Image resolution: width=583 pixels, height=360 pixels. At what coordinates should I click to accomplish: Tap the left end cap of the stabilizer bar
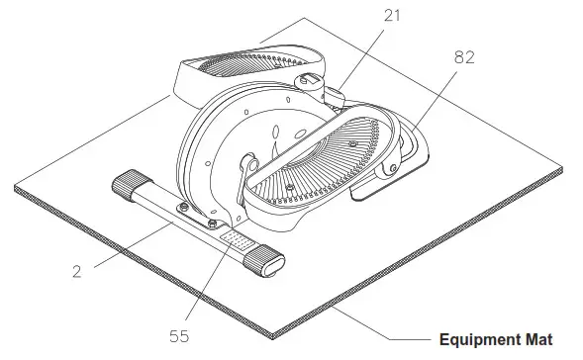(x=128, y=185)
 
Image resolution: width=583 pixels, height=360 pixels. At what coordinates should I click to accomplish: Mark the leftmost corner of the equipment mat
(x=16, y=189)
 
